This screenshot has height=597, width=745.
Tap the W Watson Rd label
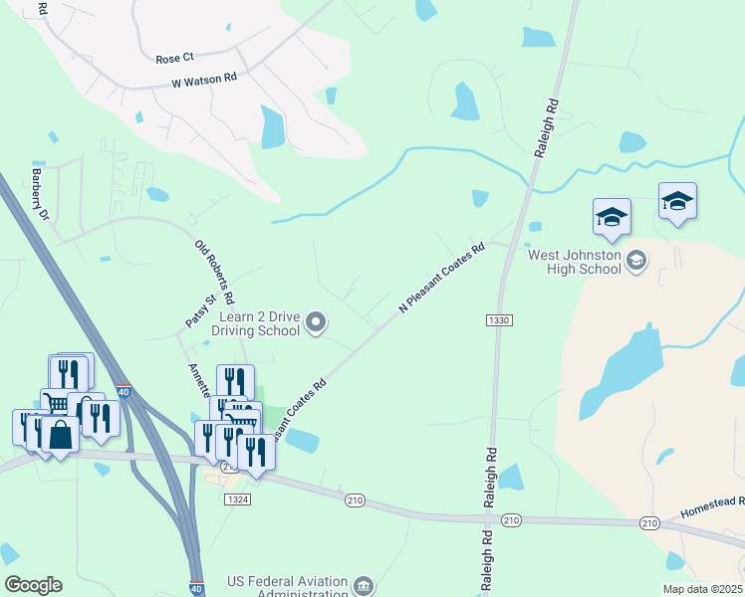coord(204,78)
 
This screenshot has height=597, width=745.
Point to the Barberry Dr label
coord(40,192)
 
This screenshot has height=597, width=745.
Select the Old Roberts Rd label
coord(214,272)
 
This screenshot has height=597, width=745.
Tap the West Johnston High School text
coord(575,262)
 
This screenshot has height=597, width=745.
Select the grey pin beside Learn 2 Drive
coord(316,321)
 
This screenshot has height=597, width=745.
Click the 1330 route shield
coord(499,319)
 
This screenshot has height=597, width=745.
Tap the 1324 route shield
coord(237,497)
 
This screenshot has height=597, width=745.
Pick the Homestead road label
coord(712,509)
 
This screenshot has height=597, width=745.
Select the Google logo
coord(33,585)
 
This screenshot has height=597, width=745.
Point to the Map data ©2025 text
coord(701,589)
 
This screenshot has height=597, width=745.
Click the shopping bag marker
coord(60,435)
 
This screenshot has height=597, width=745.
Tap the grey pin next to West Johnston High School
coord(636,261)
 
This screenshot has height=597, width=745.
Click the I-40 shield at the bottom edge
coord(196,589)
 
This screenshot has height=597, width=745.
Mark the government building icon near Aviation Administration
coord(364,584)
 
